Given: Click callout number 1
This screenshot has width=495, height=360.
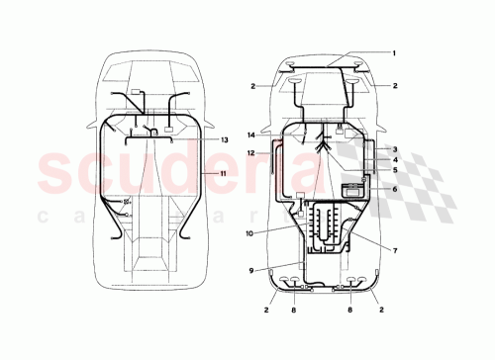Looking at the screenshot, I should (x=393, y=52).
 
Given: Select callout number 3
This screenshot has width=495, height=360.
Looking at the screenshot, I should (x=394, y=148).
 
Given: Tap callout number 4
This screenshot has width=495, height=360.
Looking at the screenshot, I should (x=394, y=159).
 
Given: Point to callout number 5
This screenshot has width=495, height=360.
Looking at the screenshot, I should (x=394, y=170).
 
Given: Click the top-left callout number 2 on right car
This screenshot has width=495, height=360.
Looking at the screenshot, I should (x=253, y=86).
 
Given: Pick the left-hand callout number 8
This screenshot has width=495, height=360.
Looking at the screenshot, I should (x=292, y=310).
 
